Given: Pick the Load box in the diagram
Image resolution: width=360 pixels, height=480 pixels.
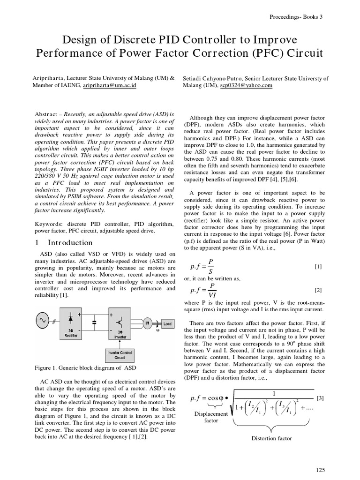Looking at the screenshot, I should pos(167,324).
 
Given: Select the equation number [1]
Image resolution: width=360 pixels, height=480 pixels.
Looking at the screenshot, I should pos(318,267).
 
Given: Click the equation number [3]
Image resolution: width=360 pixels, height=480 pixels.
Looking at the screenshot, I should pos(320,398).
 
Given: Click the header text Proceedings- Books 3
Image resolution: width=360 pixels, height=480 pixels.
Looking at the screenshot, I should pos(296,17).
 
